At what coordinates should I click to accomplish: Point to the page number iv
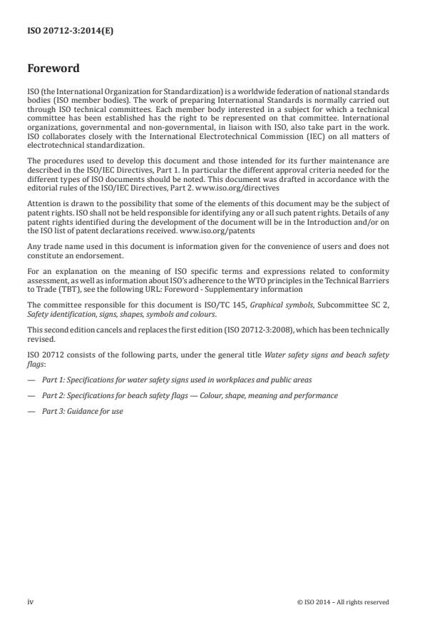pos(31,602)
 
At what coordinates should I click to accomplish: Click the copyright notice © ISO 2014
pos(343,602)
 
